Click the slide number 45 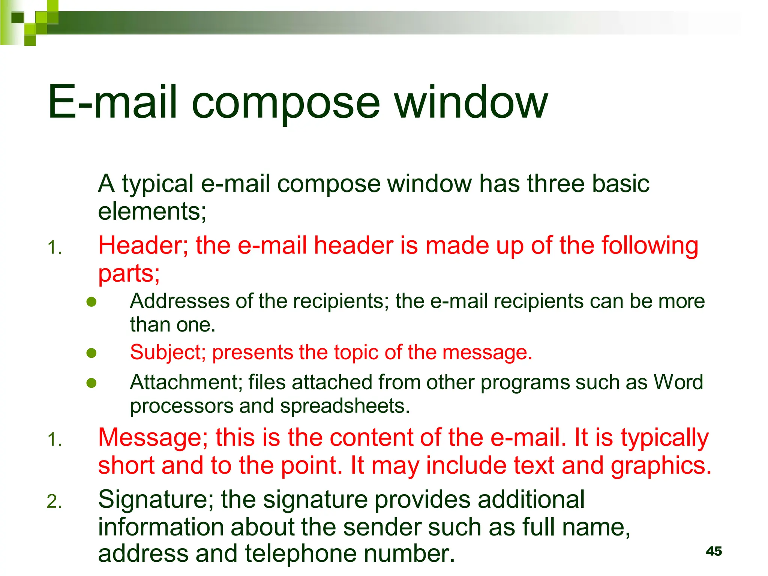[x=714, y=551]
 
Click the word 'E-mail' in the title [x=112, y=102]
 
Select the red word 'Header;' [x=143, y=246]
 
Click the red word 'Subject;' [x=168, y=352]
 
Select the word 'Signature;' [x=156, y=500]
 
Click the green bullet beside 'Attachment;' [x=91, y=383]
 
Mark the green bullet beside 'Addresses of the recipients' [x=91, y=302]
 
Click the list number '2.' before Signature [x=54, y=502]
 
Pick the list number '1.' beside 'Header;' [x=54, y=248]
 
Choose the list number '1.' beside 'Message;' [x=54, y=440]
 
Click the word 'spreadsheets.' [x=345, y=406]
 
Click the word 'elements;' [x=152, y=212]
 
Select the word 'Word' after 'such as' [x=678, y=382]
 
